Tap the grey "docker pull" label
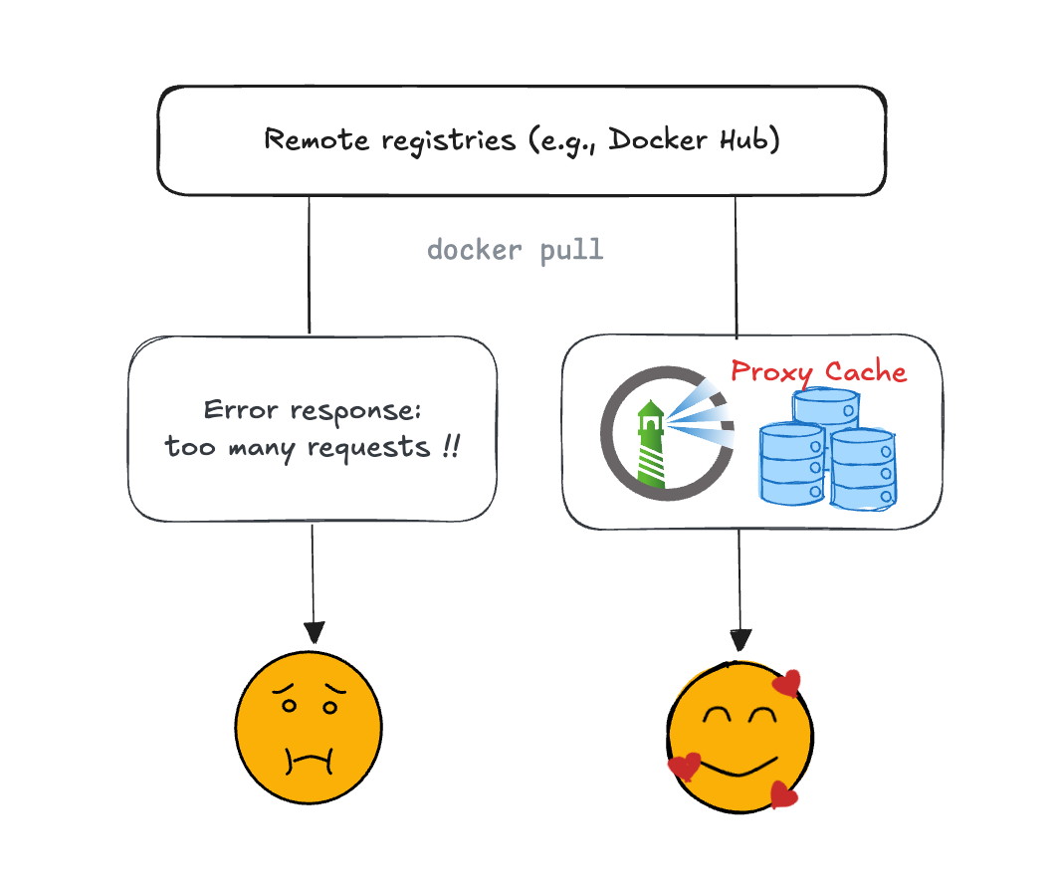[515, 249]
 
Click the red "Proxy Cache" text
[818, 372]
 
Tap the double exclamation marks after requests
[450, 447]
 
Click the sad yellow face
[309, 726]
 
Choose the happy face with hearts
[739, 737]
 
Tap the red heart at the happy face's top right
[787, 683]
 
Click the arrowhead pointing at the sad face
[314, 632]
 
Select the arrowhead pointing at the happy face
[739, 639]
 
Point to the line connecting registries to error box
[310, 264]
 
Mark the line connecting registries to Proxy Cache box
[736, 264]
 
